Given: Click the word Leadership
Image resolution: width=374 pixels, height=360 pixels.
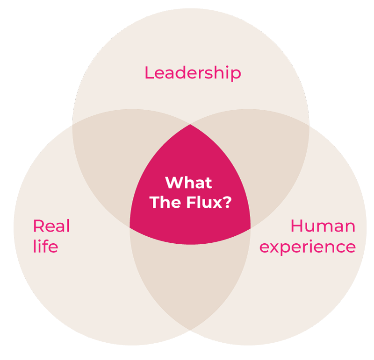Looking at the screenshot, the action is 193,73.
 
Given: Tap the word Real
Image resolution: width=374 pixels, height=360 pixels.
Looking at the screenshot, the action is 51,226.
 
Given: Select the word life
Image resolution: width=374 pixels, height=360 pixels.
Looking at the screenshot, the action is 45,246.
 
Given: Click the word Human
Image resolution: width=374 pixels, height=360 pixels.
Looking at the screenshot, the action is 323,226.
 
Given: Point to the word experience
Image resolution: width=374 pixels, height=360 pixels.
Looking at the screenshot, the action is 308,247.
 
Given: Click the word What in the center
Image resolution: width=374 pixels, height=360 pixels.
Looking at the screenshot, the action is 188,183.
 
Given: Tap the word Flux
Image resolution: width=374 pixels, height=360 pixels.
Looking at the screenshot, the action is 204,202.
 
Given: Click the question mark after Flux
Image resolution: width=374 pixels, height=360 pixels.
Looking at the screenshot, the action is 227,202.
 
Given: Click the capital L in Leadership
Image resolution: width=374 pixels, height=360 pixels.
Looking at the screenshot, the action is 149,73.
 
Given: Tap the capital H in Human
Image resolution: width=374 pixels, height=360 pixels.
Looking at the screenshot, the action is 296,226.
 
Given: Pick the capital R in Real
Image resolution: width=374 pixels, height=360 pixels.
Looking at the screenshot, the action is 38,226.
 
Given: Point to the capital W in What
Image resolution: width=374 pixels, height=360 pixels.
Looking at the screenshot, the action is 174,183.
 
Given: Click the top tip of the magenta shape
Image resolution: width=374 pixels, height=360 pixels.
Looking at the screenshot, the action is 190,124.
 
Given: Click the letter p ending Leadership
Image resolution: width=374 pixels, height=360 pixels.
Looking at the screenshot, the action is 236,75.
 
